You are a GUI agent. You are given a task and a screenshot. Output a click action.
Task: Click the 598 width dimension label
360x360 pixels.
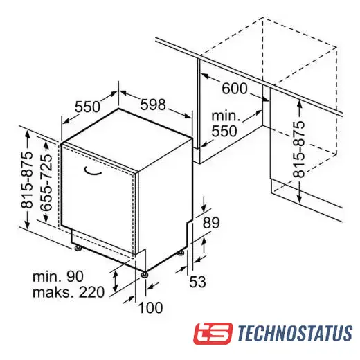coord(153,105)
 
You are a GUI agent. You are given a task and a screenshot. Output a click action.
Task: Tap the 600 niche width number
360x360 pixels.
coord(235,88)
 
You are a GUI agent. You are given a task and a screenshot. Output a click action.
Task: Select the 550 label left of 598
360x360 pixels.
coord(87,107)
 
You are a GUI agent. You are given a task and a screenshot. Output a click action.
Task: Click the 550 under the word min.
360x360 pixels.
coord(224,131)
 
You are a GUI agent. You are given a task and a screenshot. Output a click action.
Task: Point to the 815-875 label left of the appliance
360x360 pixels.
coord(27,180)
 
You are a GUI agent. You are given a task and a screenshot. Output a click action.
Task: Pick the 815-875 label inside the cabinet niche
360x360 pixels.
coord(299,149)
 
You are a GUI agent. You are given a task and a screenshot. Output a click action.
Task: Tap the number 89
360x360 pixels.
coord(211,223)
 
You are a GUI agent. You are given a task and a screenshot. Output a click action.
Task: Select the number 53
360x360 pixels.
coord(197,282)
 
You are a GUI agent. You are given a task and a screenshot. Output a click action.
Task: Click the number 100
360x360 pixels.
coord(150,307)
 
